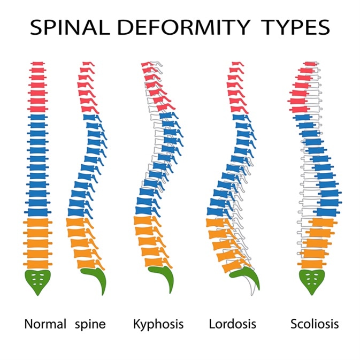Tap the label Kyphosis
(x=158, y=324)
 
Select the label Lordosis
(x=232, y=324)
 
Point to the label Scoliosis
(x=315, y=324)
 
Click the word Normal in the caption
(x=45, y=324)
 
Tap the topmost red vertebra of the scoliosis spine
(x=310, y=65)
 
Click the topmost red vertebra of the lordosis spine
(x=236, y=64)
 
